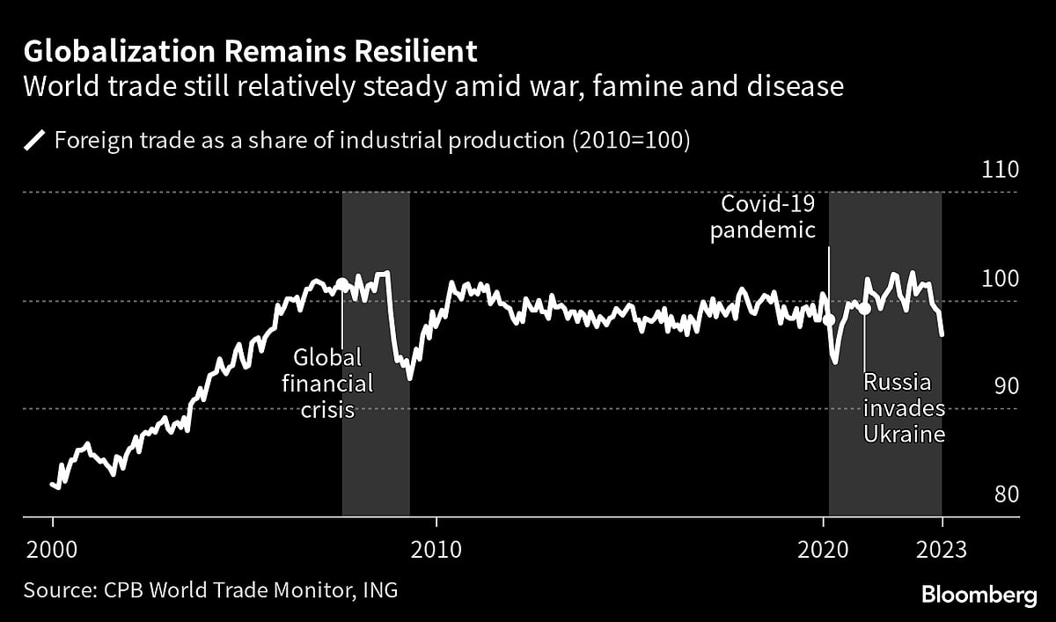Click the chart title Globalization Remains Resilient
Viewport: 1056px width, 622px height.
[x=250, y=52]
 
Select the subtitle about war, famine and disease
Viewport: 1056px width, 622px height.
[x=434, y=87]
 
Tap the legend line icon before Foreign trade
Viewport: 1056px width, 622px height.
[x=35, y=140]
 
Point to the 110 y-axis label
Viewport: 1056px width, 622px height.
[x=999, y=171]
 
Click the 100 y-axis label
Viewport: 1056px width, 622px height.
[x=999, y=279]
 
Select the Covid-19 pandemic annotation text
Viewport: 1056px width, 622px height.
[x=768, y=217]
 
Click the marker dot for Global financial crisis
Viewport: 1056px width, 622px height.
[x=342, y=283]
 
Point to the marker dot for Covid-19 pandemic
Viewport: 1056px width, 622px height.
[x=829, y=319]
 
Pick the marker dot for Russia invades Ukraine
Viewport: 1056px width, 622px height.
[x=864, y=308]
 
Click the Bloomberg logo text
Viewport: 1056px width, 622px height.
[x=979, y=596]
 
